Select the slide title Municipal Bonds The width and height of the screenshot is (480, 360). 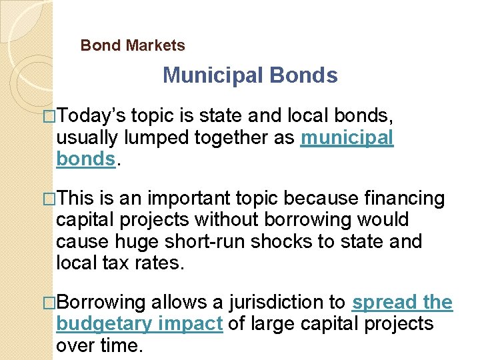(x=250, y=75)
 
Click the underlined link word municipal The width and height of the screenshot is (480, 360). (x=347, y=138)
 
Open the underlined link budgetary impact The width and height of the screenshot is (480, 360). (x=139, y=323)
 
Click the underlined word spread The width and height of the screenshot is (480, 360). (x=383, y=302)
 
